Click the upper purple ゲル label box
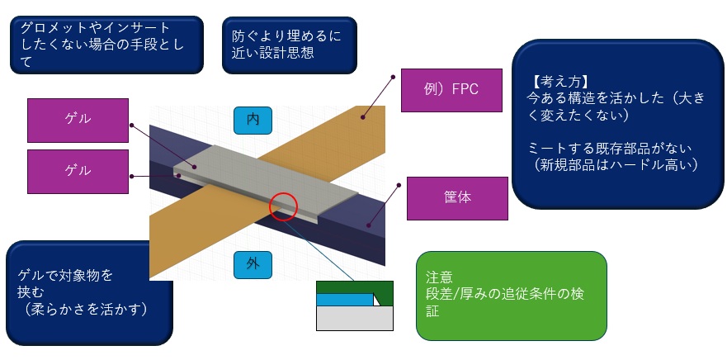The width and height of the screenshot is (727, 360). tap(78, 120)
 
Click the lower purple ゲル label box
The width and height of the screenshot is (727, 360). tap(78, 169)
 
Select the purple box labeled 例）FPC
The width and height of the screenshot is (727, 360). tap(452, 90)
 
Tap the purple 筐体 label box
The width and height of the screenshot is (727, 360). tap(456, 197)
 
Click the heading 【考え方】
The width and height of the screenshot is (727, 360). tap(558, 82)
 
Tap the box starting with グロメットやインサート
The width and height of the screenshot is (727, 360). tap(107, 44)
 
